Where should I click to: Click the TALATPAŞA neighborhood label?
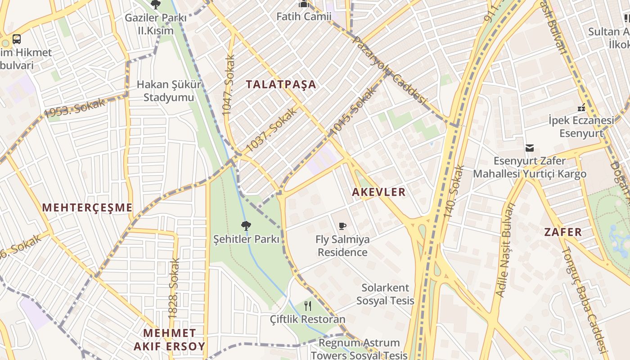pyautogui.click(x=281, y=84)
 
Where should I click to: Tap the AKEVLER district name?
pyautogui.click(x=378, y=192)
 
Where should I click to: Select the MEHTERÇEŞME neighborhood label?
pyautogui.click(x=87, y=207)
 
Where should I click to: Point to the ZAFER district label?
pyautogui.click(x=563, y=232)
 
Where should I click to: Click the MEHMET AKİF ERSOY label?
pyautogui.click(x=169, y=340)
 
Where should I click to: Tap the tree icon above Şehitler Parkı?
pyautogui.click(x=246, y=225)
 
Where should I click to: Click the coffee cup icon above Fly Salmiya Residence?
pyautogui.click(x=342, y=226)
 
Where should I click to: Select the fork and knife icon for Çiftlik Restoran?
pyautogui.click(x=308, y=306)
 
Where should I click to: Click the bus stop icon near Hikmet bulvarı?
pyautogui.click(x=17, y=39)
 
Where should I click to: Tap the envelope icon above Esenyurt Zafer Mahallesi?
pyautogui.click(x=529, y=148)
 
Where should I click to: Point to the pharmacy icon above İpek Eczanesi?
pyautogui.click(x=581, y=108)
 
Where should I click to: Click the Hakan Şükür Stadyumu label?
pyautogui.click(x=169, y=91)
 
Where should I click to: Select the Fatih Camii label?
pyautogui.click(x=304, y=17)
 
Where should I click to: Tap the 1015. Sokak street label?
pyautogui.click(x=353, y=111)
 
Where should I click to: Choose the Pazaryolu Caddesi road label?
pyautogui.click(x=389, y=70)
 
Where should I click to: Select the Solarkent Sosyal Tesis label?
pyautogui.click(x=385, y=294)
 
